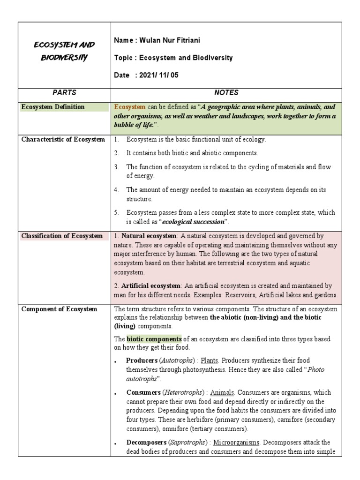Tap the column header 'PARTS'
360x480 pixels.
coord(64,93)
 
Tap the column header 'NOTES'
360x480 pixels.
coord(226,93)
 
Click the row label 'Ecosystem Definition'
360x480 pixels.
coord(53,107)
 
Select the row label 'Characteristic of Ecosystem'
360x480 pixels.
coord(63,140)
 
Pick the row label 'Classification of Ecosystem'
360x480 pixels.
coord(62,236)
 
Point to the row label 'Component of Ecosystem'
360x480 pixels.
coord(59,309)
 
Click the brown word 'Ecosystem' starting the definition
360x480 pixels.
coord(130,107)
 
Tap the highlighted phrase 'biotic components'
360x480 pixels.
coord(154,339)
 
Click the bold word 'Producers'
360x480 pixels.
coord(142,360)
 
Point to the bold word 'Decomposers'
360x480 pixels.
coord(146,442)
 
